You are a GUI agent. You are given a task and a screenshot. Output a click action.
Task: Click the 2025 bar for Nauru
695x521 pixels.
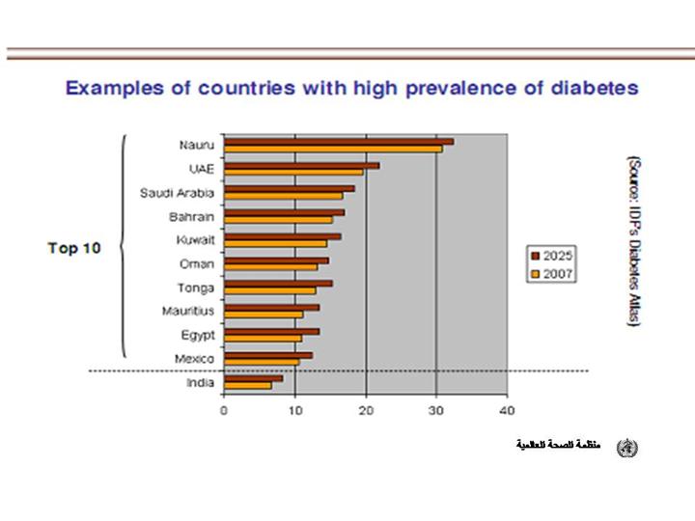[338, 141]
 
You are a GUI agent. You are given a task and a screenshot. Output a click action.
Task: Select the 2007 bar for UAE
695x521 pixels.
[293, 173]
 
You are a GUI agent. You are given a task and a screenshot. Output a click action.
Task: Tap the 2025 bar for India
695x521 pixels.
[253, 378]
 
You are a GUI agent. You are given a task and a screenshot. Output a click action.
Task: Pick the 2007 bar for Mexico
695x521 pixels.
[261, 363]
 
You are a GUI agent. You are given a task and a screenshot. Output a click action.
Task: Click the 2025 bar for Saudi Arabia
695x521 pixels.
[289, 188]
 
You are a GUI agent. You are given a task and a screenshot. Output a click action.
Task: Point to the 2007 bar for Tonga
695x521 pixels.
[269, 290]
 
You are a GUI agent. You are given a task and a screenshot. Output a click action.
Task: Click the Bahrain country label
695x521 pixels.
[191, 216]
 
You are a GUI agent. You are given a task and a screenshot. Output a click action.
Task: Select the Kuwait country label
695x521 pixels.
[195, 240]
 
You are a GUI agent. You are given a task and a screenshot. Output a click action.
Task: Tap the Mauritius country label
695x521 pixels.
[188, 312]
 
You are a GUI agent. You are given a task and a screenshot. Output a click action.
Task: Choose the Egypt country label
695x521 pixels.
[198, 336]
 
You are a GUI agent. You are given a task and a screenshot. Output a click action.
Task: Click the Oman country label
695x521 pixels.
[197, 263]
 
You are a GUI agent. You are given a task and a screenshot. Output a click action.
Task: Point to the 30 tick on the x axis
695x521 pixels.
[436, 409]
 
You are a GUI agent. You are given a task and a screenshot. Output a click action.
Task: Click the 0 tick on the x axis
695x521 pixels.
[224, 409]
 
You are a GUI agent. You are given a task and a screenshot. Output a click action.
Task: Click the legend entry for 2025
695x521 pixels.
[551, 256]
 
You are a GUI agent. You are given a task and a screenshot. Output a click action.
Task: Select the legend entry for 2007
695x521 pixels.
[551, 274]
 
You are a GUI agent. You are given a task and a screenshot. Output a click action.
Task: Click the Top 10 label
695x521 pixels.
[73, 248]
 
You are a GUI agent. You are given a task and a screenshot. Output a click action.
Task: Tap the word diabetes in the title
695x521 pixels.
[590, 88]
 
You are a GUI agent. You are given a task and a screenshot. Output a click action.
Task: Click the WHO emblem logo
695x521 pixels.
[627, 447]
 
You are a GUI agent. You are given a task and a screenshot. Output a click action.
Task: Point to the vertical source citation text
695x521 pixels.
[633, 241]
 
